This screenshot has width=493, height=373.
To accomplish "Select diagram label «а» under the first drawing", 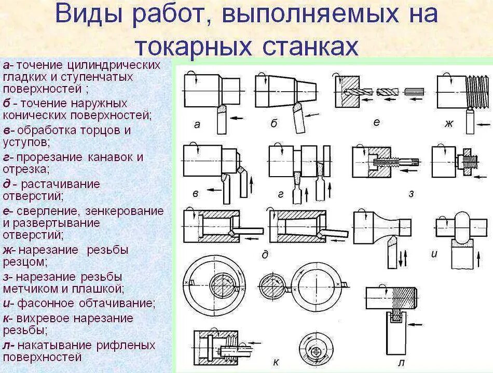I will click(x=197, y=124).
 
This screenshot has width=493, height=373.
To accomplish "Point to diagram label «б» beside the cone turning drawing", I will click(x=274, y=123).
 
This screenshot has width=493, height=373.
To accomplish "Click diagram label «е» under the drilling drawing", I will click(x=376, y=122).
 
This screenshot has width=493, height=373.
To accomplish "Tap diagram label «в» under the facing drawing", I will click(x=196, y=194).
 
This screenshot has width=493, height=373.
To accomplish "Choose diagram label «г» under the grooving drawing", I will click(x=281, y=194).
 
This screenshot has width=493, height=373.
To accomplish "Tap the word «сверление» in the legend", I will click(x=47, y=211).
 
